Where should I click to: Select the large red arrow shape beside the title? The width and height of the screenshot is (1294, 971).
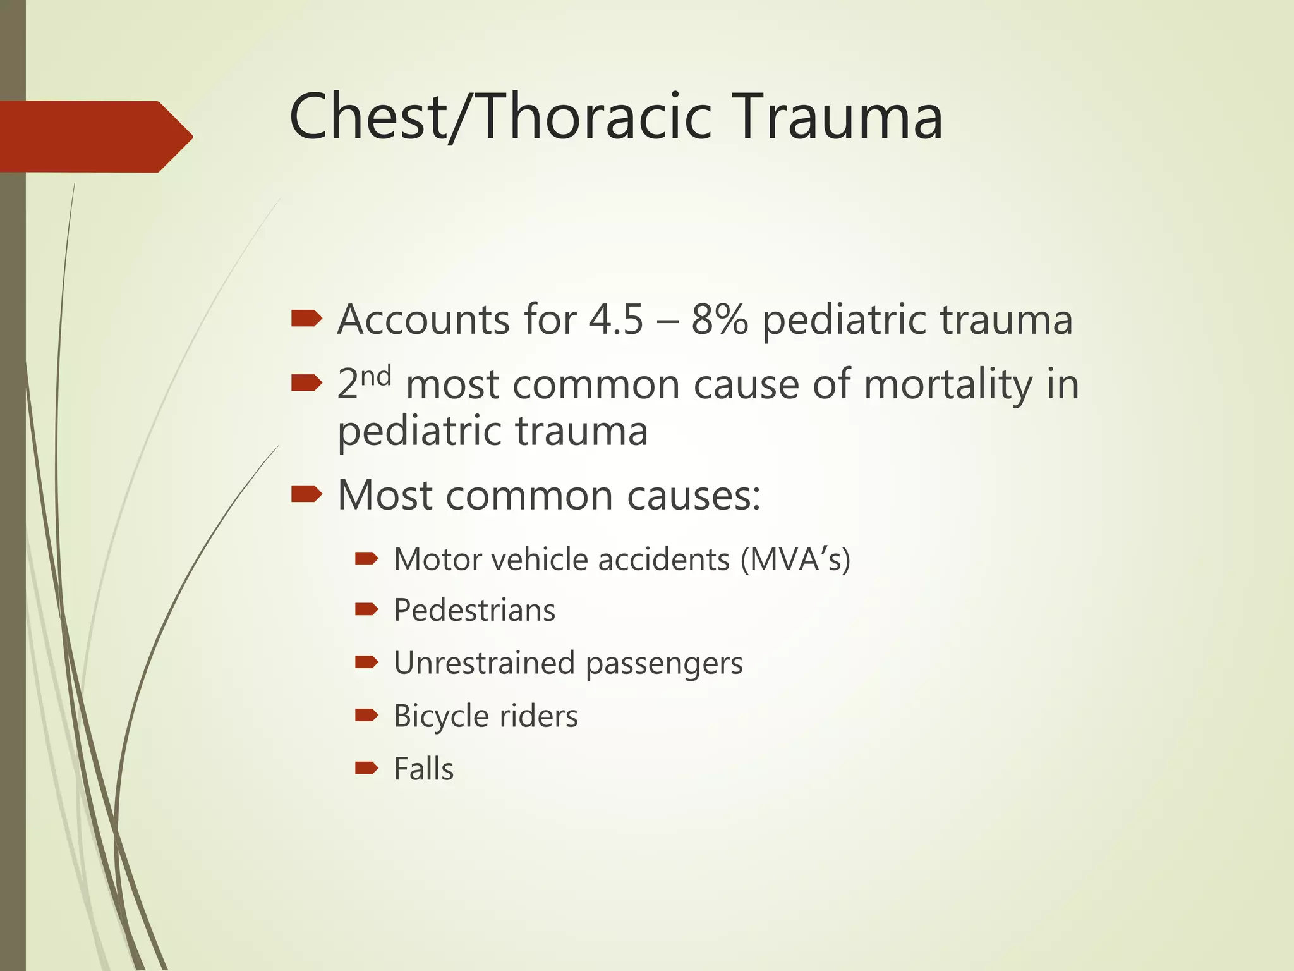click(95, 136)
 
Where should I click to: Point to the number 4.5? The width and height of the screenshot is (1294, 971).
click(615, 319)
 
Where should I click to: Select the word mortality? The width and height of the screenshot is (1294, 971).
click(948, 384)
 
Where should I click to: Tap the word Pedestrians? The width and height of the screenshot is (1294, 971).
click(475, 611)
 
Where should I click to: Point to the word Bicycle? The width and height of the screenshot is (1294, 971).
click(440, 716)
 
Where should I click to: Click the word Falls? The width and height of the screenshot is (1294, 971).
click(423, 769)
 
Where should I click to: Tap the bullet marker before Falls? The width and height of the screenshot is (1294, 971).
click(366, 768)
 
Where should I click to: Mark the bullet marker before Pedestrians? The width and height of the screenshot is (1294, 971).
click(366, 609)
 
